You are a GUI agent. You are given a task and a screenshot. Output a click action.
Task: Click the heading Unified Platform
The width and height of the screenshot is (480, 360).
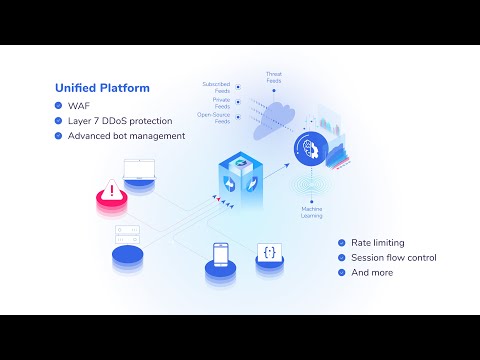coord(103,88)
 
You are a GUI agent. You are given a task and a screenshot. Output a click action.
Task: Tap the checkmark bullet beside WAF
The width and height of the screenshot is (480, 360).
coord(60,106)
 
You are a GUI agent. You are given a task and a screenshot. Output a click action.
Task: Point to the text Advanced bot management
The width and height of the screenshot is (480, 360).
coord(127,136)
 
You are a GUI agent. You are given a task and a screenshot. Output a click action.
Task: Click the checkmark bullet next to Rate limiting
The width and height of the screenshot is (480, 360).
coord(341,243)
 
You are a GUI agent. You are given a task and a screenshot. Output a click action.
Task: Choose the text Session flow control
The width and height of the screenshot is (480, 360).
coord(393,258)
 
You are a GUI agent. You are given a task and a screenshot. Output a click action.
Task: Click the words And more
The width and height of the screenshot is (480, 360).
coord(372,272)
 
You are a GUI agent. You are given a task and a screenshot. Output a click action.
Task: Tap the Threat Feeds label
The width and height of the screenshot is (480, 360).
coord(274,77)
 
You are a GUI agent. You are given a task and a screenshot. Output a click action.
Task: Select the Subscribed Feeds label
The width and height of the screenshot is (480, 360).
coord(217,86)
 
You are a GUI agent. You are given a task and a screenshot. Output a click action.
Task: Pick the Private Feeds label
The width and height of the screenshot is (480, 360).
coord(222,103)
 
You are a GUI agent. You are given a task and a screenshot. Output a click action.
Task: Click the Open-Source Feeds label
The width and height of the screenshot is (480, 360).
coord(215,119)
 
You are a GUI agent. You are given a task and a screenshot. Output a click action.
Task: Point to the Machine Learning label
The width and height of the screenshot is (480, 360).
coord(312,211)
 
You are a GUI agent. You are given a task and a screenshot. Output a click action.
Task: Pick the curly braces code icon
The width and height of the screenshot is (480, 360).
coord(270,252)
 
